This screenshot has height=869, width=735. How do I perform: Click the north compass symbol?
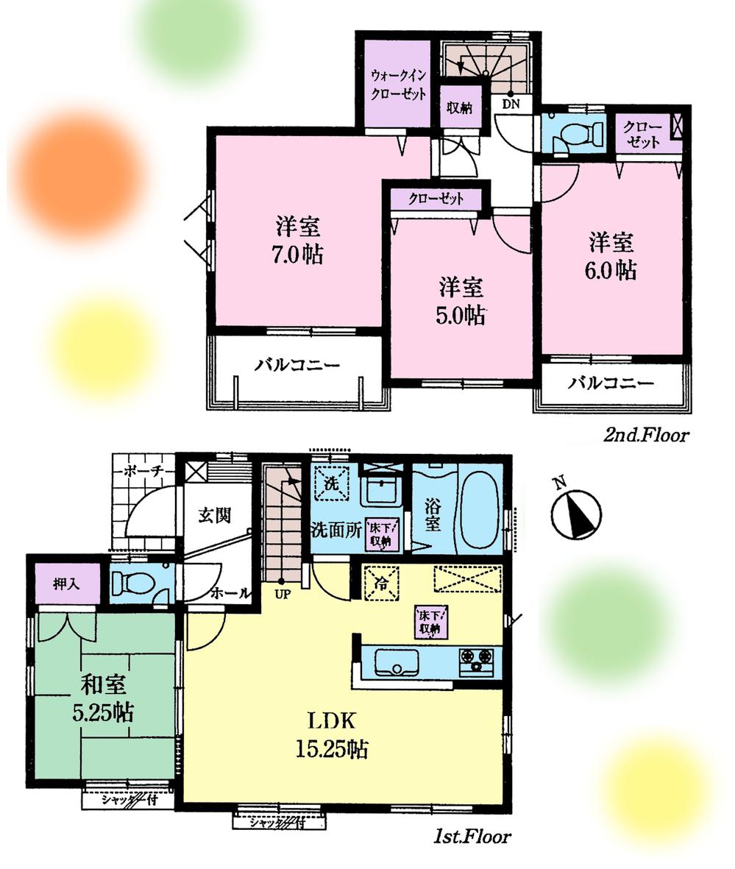[576, 512]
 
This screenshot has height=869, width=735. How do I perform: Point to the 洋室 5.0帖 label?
[461, 301]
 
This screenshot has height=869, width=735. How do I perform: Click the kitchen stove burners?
[478, 660]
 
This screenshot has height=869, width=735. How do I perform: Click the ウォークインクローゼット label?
[397, 85]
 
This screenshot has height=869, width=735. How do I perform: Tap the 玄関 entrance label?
[214, 514]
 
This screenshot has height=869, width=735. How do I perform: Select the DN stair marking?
[511, 104]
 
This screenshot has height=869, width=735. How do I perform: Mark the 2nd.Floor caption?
[646, 436]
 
